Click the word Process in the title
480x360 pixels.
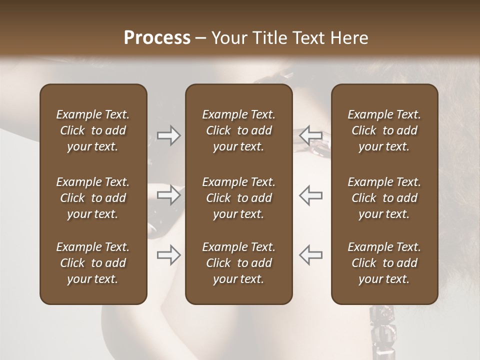[157, 38]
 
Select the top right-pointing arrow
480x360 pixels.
[169, 135]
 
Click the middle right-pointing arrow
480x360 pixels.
[169, 195]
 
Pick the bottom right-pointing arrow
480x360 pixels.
[169, 255]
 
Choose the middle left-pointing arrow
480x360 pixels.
[310, 195]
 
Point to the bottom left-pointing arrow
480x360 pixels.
[310, 255]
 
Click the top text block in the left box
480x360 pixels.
[93, 130]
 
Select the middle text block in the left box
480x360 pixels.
[93, 198]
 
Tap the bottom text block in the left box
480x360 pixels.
[93, 263]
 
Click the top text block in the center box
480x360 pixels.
[239, 130]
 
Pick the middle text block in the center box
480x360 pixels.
[239, 198]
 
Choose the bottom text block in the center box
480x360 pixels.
[239, 263]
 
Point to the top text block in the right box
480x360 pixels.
[384, 130]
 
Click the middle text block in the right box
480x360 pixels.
[384, 198]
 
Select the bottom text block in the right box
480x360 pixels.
[384, 263]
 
